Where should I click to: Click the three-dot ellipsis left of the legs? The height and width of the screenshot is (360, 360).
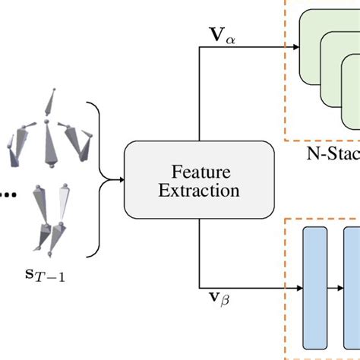tap(8, 194)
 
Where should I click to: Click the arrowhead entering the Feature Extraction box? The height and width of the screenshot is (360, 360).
tap(119, 179)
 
